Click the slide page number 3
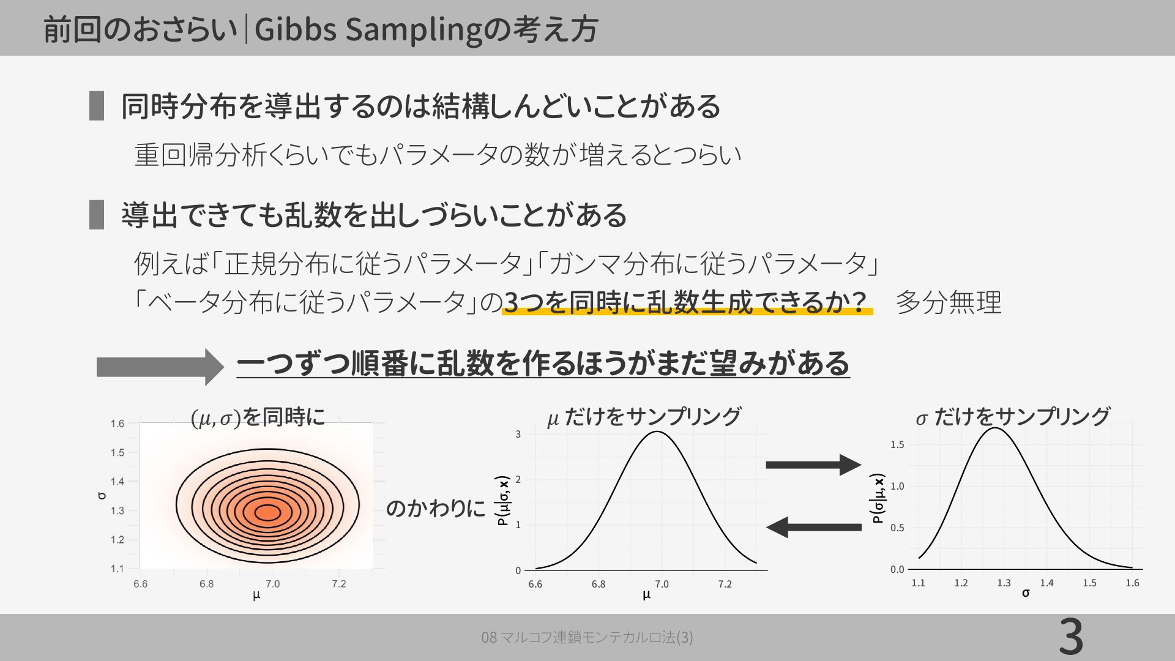(1071, 637)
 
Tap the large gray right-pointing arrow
(160, 367)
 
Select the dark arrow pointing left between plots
(814, 526)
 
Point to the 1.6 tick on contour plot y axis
(117, 424)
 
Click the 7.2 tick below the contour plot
(338, 584)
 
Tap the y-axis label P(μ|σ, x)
(503, 501)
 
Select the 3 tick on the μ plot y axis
(518, 435)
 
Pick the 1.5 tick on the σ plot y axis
(897, 445)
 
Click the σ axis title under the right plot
(1026, 593)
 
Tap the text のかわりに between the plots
(435, 508)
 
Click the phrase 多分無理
(949, 302)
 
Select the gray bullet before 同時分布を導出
(97, 106)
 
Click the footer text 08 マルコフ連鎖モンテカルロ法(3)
(587, 637)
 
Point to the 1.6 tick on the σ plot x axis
(1132, 583)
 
